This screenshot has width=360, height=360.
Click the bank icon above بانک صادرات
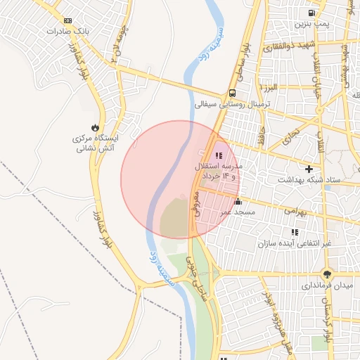click(67, 21)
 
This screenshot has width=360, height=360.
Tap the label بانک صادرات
click(67, 32)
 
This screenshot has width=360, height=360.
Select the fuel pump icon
click(311, 13)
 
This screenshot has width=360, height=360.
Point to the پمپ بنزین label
click(311, 24)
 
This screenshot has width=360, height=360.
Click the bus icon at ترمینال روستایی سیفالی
click(232, 93)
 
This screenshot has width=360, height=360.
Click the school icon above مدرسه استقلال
click(219, 155)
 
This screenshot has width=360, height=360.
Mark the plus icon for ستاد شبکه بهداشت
click(309, 169)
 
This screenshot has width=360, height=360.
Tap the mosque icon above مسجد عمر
click(238, 202)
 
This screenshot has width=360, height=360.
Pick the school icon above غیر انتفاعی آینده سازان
click(295, 232)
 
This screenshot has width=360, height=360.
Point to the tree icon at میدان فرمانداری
click(326, 274)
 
